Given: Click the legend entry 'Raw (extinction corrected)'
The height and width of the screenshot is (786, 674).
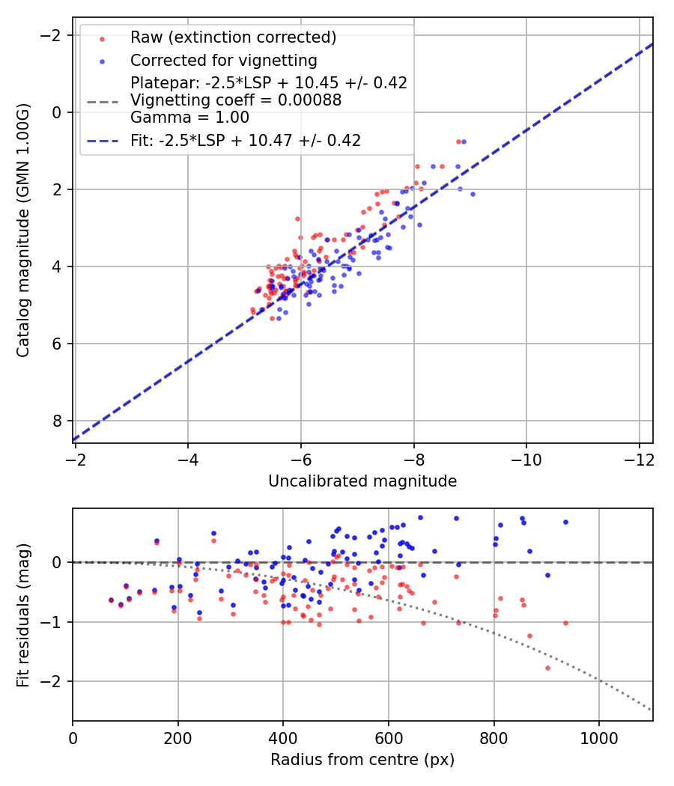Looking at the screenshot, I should tap(233, 37).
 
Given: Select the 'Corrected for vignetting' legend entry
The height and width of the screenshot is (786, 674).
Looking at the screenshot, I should tap(223, 60).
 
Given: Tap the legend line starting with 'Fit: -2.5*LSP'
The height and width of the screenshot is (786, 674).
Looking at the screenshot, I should tap(246, 140).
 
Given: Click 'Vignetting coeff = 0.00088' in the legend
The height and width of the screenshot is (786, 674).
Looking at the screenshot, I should tap(236, 100).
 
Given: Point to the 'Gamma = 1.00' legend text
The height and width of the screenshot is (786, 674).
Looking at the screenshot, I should tap(189, 118).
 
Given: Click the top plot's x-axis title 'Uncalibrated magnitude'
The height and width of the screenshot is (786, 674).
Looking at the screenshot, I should tap(362, 481).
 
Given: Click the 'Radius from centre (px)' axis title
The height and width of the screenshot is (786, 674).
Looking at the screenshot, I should tap(362, 760).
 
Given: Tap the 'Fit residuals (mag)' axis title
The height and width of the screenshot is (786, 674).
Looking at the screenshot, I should tap(23, 614).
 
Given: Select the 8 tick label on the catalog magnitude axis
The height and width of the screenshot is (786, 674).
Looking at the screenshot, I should tap(58, 421).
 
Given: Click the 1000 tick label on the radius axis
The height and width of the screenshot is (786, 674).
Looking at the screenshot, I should tap(598, 738).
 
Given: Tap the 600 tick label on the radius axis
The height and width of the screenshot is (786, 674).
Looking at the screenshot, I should tap(388, 738).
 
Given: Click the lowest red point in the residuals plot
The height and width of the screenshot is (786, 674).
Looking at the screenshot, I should tap(547, 668).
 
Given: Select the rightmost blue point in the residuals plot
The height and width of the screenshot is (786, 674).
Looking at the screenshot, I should tap(565, 522).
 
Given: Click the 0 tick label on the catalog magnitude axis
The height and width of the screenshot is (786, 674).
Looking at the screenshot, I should tap(58, 112).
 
